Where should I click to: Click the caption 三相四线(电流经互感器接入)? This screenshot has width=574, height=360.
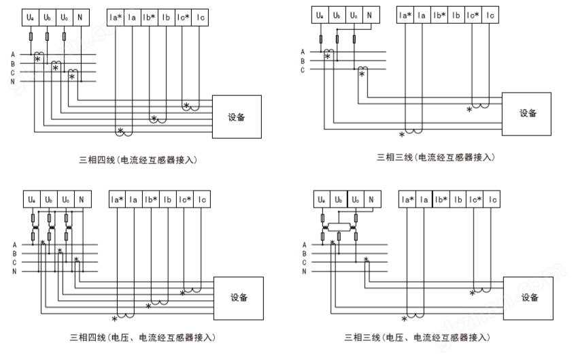(x=138, y=160)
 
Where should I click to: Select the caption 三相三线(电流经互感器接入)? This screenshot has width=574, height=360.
(x=436, y=157)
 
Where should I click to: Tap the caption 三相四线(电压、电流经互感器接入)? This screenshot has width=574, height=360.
(x=142, y=338)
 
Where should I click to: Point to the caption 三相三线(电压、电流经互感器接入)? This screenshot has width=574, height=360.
(x=417, y=338)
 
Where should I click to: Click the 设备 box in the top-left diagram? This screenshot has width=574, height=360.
(x=237, y=117)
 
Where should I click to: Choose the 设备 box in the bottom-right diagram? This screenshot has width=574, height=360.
(x=528, y=298)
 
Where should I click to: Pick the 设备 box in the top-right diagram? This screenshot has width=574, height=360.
(x=526, y=114)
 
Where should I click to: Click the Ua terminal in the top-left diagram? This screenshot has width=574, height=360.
(x=31, y=18)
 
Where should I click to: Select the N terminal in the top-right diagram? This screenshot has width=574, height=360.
(x=371, y=15)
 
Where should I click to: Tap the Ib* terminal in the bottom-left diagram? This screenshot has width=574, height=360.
(x=151, y=199)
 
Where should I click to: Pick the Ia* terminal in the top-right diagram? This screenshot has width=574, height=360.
(x=405, y=15)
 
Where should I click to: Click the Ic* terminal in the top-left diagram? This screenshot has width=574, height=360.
(x=183, y=18)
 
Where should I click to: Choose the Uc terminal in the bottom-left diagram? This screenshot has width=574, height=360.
(x=66, y=199)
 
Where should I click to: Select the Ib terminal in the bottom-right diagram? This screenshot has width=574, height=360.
(x=458, y=199)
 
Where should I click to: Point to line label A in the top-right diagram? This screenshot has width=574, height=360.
(x=303, y=52)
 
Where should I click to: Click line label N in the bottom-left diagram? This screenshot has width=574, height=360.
(x=14, y=272)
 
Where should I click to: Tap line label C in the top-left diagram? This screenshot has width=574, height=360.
(x=13, y=73)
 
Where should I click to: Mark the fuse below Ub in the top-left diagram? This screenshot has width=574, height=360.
(x=47, y=37)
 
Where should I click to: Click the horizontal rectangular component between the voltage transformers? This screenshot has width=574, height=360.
(x=339, y=227)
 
